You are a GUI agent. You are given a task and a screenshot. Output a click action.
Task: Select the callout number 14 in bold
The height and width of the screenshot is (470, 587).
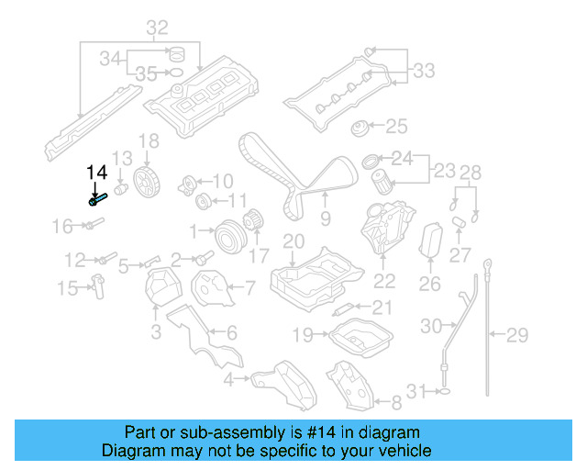[x=96, y=172]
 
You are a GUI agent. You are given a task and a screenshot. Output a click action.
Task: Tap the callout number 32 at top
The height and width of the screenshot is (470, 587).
[x=157, y=28]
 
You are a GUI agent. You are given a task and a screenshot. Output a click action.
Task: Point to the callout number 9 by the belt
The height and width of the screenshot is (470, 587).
[x=325, y=219]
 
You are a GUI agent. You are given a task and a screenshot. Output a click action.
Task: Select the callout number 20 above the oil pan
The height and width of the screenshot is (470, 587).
[x=292, y=241]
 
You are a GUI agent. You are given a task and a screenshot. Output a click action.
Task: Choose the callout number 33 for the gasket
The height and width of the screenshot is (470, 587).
[x=423, y=70]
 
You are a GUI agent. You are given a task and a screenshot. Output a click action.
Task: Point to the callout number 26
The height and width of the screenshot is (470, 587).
[x=429, y=285]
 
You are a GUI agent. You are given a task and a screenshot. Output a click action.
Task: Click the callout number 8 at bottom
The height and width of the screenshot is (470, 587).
[x=396, y=402]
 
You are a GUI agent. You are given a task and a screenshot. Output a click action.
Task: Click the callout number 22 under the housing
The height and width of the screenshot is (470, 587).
[x=384, y=281]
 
